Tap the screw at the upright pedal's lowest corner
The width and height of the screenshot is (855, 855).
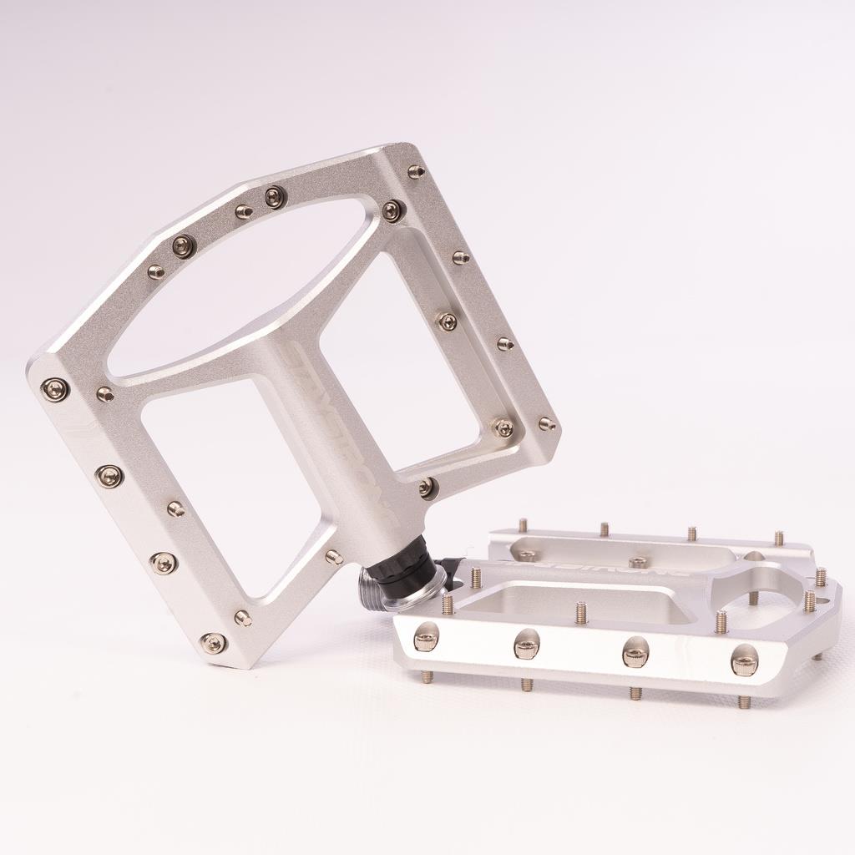tap(213, 642)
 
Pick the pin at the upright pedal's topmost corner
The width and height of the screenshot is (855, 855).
tap(416, 172)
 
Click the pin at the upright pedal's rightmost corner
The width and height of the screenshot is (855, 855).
tap(547, 424)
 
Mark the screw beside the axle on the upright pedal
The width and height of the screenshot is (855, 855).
tap(427, 487)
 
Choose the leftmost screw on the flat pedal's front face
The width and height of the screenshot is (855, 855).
tap(426, 639)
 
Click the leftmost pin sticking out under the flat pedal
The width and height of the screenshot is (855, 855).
tap(427, 675)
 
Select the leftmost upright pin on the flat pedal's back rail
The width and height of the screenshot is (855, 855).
tap(523, 525)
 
